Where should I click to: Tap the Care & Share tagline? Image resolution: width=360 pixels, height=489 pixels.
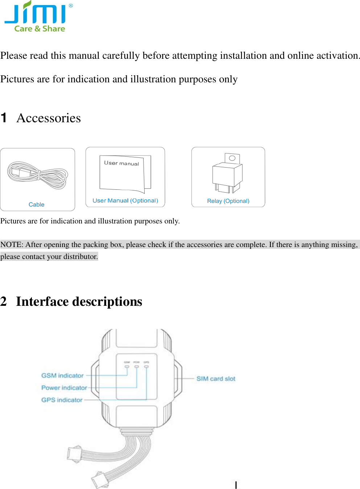[x=40, y=29]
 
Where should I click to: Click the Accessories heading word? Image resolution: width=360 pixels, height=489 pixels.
[x=49, y=118]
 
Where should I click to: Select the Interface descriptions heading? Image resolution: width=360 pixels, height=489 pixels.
[x=79, y=301]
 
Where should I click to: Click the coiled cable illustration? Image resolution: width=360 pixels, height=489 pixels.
[x=38, y=175]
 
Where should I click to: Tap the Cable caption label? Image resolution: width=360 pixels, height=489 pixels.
[x=36, y=205]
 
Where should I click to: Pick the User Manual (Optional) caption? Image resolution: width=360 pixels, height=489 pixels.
[x=125, y=201]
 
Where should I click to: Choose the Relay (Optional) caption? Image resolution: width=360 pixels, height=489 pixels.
[x=228, y=201]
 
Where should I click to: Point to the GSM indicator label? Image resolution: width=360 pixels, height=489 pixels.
[x=62, y=375]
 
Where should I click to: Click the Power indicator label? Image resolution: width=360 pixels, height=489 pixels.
[x=64, y=388]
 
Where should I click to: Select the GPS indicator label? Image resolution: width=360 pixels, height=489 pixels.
[x=62, y=400]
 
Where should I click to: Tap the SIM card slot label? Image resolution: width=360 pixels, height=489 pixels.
[x=216, y=379]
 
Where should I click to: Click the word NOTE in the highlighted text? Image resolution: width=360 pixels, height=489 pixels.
[x=12, y=244]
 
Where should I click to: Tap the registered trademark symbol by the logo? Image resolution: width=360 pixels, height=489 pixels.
[x=71, y=6]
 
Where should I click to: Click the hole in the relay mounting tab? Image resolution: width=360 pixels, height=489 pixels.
[x=232, y=158]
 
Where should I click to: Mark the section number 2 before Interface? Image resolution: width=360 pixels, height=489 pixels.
[x=4, y=301]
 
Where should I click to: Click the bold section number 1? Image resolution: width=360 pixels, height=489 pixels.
[x=4, y=118]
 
